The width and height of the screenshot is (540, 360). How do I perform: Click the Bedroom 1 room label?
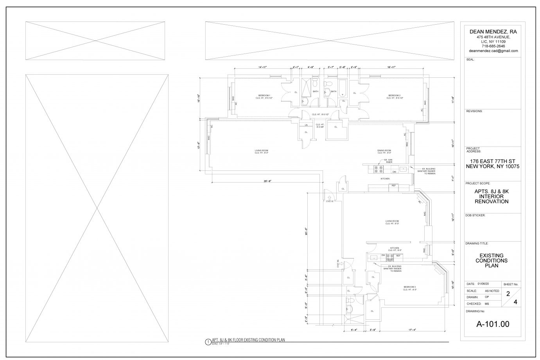coord(264,95)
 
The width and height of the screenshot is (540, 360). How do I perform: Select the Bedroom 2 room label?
coord(394,95)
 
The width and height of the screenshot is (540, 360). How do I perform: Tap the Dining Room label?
coord(384,150)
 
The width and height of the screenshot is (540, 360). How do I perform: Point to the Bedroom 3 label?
coord(410,287)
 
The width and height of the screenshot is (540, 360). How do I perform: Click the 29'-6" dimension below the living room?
coord(267,181)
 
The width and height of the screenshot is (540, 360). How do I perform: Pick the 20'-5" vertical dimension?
coord(306,231)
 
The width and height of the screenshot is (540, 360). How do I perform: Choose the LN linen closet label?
coord(306,125)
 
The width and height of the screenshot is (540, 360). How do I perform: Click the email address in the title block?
coord(493,51)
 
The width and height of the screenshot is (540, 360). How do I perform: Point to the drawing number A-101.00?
coord(492,324)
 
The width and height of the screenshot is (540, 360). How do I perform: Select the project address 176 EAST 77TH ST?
coord(492,161)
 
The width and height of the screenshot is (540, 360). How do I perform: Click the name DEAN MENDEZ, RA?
coord(493,32)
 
